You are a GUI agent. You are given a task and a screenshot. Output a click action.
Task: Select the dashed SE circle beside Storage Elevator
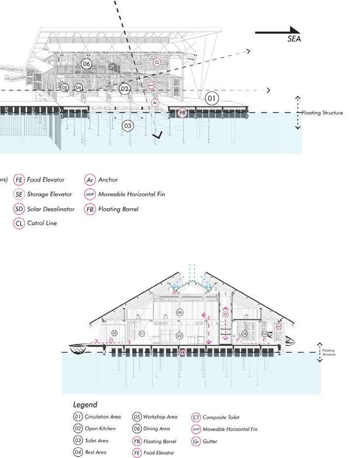(x=19, y=194)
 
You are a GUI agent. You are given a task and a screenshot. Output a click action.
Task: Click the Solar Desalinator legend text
(x=51, y=209)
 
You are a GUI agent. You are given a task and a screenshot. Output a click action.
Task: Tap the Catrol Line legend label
(x=42, y=223)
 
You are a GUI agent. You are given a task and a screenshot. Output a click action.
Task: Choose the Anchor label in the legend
(x=108, y=180)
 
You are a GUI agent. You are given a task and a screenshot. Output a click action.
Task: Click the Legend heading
(x=85, y=405)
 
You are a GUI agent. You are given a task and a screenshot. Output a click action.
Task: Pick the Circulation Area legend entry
(x=102, y=417)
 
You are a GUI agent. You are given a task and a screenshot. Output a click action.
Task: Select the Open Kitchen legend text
(x=100, y=429)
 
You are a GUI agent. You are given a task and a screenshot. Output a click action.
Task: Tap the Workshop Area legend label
(x=161, y=417)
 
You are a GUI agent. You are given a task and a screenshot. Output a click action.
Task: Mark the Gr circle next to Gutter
(x=196, y=441)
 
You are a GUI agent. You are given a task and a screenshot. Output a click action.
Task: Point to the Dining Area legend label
(x=158, y=429)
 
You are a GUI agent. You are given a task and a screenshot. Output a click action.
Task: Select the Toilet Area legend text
(x=96, y=440)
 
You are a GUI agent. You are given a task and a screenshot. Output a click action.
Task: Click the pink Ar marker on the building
(x=155, y=102)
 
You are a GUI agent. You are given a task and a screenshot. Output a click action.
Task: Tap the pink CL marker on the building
(x=157, y=62)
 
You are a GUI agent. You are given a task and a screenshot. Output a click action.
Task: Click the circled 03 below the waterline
(x=128, y=126)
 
